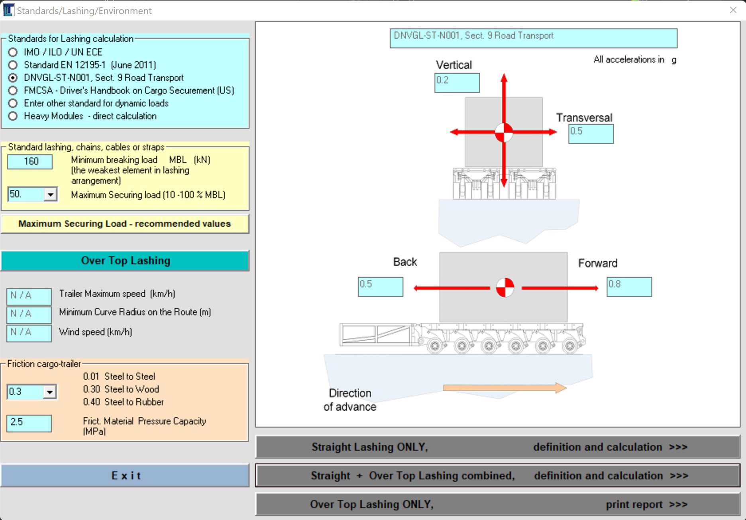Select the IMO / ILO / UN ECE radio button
click(x=13, y=52)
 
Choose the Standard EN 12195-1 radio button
click(x=13, y=65)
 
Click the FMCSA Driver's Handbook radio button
click(x=13, y=90)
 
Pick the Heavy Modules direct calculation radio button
click(x=13, y=116)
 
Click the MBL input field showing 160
click(x=30, y=161)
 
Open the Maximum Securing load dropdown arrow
click(x=50, y=194)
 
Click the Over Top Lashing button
click(x=125, y=261)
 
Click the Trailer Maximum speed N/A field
click(x=29, y=296)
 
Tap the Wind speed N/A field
click(x=29, y=332)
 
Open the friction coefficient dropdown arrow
click(x=49, y=392)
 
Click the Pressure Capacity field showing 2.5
click(x=29, y=422)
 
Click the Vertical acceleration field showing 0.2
click(x=457, y=82)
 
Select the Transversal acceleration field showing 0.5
click(x=591, y=133)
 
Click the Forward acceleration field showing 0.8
click(x=629, y=286)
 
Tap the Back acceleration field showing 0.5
click(x=380, y=286)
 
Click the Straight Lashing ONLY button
click(x=497, y=447)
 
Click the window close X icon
click(x=733, y=10)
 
